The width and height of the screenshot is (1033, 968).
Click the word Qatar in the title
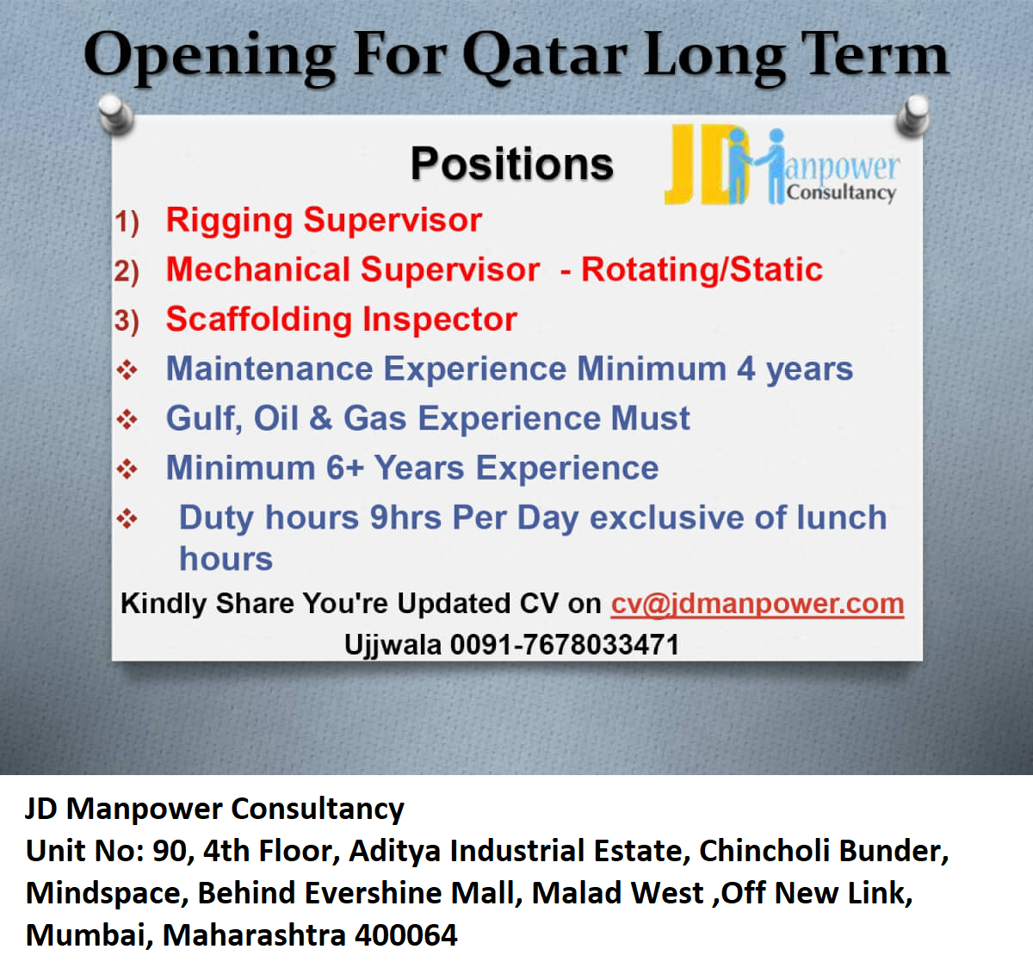[x=545, y=56]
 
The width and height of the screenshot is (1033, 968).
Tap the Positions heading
[x=512, y=164]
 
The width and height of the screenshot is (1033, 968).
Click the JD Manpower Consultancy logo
[x=782, y=164]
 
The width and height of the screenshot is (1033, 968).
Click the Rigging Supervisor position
[x=324, y=220]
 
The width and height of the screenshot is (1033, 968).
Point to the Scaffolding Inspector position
[x=341, y=319]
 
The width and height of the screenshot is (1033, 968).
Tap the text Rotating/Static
[x=702, y=270]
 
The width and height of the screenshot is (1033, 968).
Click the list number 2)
[x=127, y=271]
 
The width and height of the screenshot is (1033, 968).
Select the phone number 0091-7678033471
[x=565, y=645]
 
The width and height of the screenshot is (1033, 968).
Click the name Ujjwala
[x=393, y=646]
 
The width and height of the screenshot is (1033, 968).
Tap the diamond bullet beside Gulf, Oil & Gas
[x=127, y=419]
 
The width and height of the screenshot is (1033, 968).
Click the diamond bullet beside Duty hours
[x=127, y=518]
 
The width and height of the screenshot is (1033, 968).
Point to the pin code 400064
[x=405, y=934]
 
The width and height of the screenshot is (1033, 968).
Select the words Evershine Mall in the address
[x=413, y=893]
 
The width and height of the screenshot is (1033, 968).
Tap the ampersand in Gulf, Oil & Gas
[x=321, y=418]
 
